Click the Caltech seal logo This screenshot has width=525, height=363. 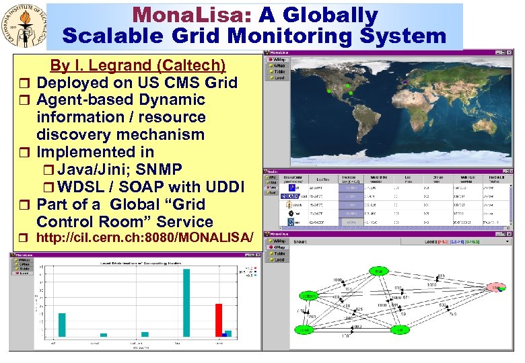[x=24, y=26]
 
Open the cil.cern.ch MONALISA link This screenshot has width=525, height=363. [x=145, y=238]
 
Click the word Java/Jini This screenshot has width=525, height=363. [x=98, y=169]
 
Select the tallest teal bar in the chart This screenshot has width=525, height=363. [x=186, y=302]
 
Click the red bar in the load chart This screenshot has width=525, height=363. [x=219, y=319]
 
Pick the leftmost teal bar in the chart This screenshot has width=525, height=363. [x=62, y=324]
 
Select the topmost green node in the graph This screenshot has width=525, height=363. [x=379, y=271]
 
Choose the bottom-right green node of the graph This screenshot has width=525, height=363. [x=399, y=329]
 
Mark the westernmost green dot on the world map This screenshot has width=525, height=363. [x=330, y=90]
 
